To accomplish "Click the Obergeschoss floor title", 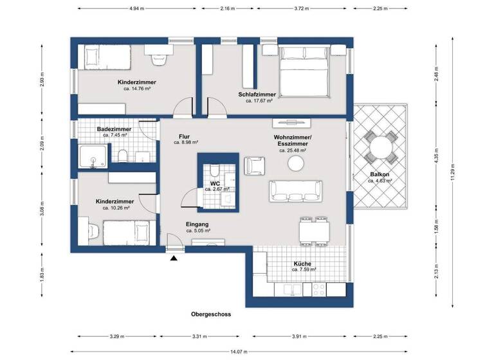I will (x=211, y=314).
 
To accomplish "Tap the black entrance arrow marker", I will (x=174, y=258).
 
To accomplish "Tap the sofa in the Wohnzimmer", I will (x=295, y=189).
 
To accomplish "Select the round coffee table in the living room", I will (x=296, y=164).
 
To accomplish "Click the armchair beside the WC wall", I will (x=253, y=165).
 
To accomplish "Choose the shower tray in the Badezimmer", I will (x=94, y=156).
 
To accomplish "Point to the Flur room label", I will (x=185, y=136).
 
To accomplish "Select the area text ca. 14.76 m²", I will (x=136, y=89).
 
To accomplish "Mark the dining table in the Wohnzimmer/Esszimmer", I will (x=314, y=229).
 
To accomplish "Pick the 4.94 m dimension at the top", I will (x=136, y=9).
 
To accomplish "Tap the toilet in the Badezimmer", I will (x=122, y=155).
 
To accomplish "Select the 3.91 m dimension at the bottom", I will (x=300, y=336).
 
